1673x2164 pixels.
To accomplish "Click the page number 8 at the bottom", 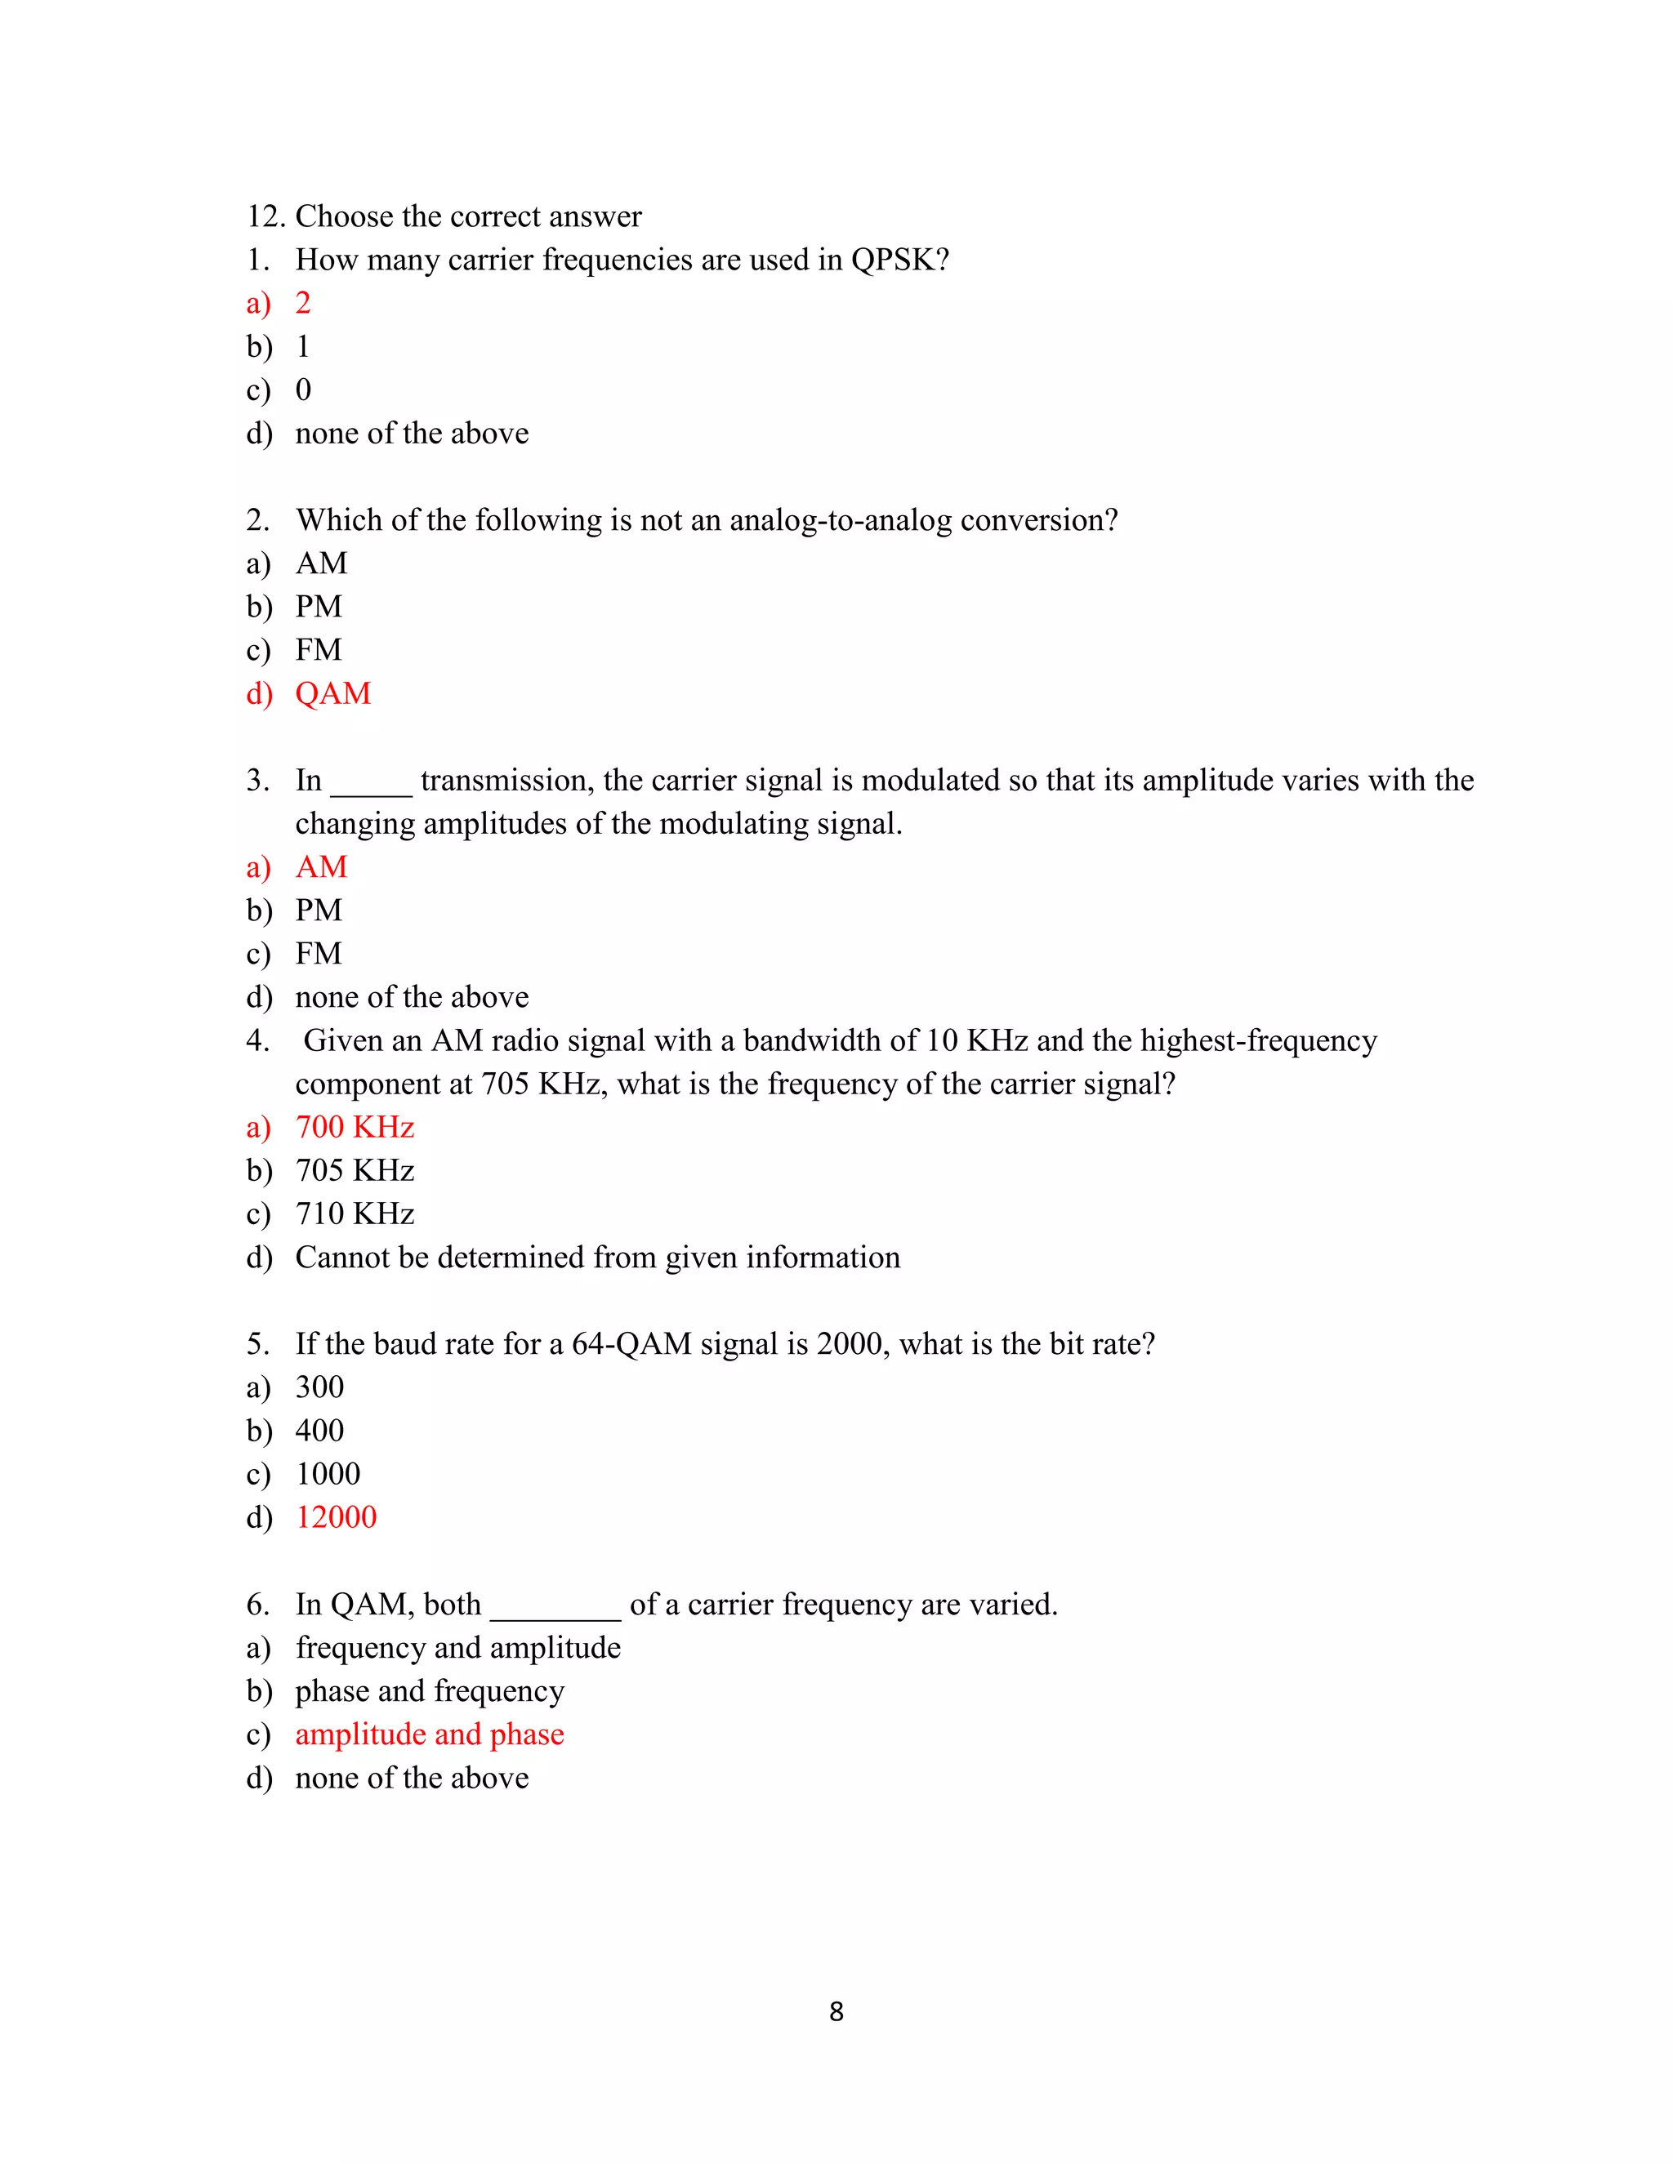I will tap(836, 2010).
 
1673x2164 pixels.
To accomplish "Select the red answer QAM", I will tap(333, 693).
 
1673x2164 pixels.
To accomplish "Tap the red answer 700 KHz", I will tap(355, 1128).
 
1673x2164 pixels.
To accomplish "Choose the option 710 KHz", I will tap(355, 1213).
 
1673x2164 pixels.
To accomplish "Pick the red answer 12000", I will tap(336, 1517).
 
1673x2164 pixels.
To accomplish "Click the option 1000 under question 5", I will tap(328, 1474).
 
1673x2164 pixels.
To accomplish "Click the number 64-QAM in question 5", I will tap(631, 1345).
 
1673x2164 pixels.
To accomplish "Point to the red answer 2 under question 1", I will tap(303, 303).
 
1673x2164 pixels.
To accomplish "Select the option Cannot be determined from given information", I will tap(598, 1258).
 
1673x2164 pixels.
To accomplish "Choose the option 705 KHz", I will tap(355, 1171).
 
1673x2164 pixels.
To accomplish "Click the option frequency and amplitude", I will tap(458, 1648).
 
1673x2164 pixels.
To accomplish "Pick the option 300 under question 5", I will tap(319, 1387).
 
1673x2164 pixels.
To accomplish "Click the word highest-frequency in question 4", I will tap(1259, 1040).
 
